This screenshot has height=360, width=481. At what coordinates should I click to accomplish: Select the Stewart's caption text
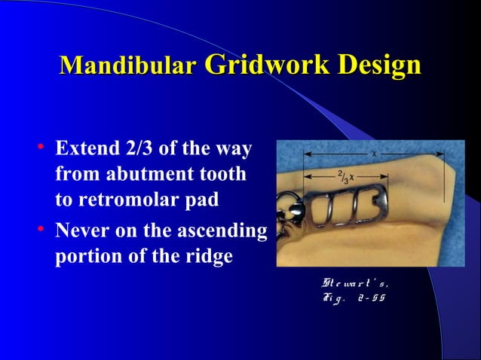tap(355, 285)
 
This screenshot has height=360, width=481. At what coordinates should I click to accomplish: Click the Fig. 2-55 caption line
tap(354, 298)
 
